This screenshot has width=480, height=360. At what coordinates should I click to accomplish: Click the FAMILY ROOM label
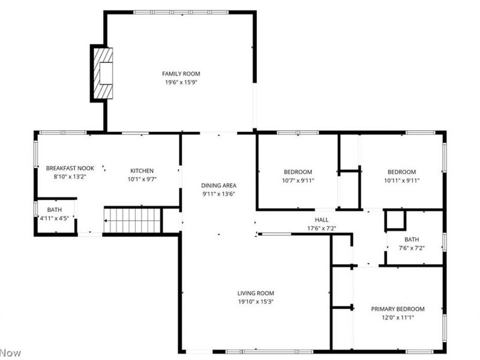click(181, 74)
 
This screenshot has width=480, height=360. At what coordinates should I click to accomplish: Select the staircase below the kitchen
click(133, 220)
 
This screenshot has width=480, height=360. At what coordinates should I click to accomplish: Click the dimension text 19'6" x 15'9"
click(181, 82)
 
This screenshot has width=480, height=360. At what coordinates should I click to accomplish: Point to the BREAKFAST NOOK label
click(70, 169)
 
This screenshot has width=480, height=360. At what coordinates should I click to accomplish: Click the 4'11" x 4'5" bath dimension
click(54, 218)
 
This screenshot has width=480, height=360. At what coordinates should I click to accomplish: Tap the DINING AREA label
click(218, 185)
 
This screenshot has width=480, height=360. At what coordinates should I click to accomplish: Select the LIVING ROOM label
click(256, 293)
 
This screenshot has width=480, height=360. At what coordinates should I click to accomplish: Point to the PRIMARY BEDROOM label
click(397, 309)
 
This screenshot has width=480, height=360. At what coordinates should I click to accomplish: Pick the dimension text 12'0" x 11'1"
click(397, 317)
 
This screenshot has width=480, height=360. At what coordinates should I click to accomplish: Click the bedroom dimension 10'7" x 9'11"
click(298, 180)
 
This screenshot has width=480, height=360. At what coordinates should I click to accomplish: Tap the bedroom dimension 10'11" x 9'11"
click(401, 180)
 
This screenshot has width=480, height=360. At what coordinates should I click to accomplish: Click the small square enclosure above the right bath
click(395, 220)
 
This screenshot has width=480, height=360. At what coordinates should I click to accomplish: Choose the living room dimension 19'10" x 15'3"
click(256, 302)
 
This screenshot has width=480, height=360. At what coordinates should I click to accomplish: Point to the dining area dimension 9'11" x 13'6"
click(218, 194)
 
